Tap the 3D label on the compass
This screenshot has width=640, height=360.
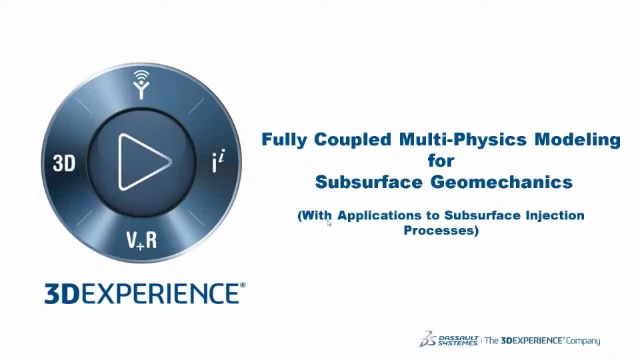coord(64,164)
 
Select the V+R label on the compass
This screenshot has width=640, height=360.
coord(141,241)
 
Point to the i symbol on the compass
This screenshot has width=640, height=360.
coord(218,161)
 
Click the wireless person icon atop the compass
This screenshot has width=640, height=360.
coord(141,85)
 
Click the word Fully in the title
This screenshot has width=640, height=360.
coord(284,139)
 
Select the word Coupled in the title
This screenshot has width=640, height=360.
coord(353,139)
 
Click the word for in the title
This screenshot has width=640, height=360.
coord(441,161)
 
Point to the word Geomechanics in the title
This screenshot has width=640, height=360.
coord(501,182)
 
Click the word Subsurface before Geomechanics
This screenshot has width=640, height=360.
coord(369,182)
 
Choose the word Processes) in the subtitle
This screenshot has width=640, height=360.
coord(441,230)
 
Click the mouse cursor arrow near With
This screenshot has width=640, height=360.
coord(329,223)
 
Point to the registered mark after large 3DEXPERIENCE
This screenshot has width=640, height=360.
coord(243,285)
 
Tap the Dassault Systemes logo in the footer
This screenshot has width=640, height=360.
coord(449,339)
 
